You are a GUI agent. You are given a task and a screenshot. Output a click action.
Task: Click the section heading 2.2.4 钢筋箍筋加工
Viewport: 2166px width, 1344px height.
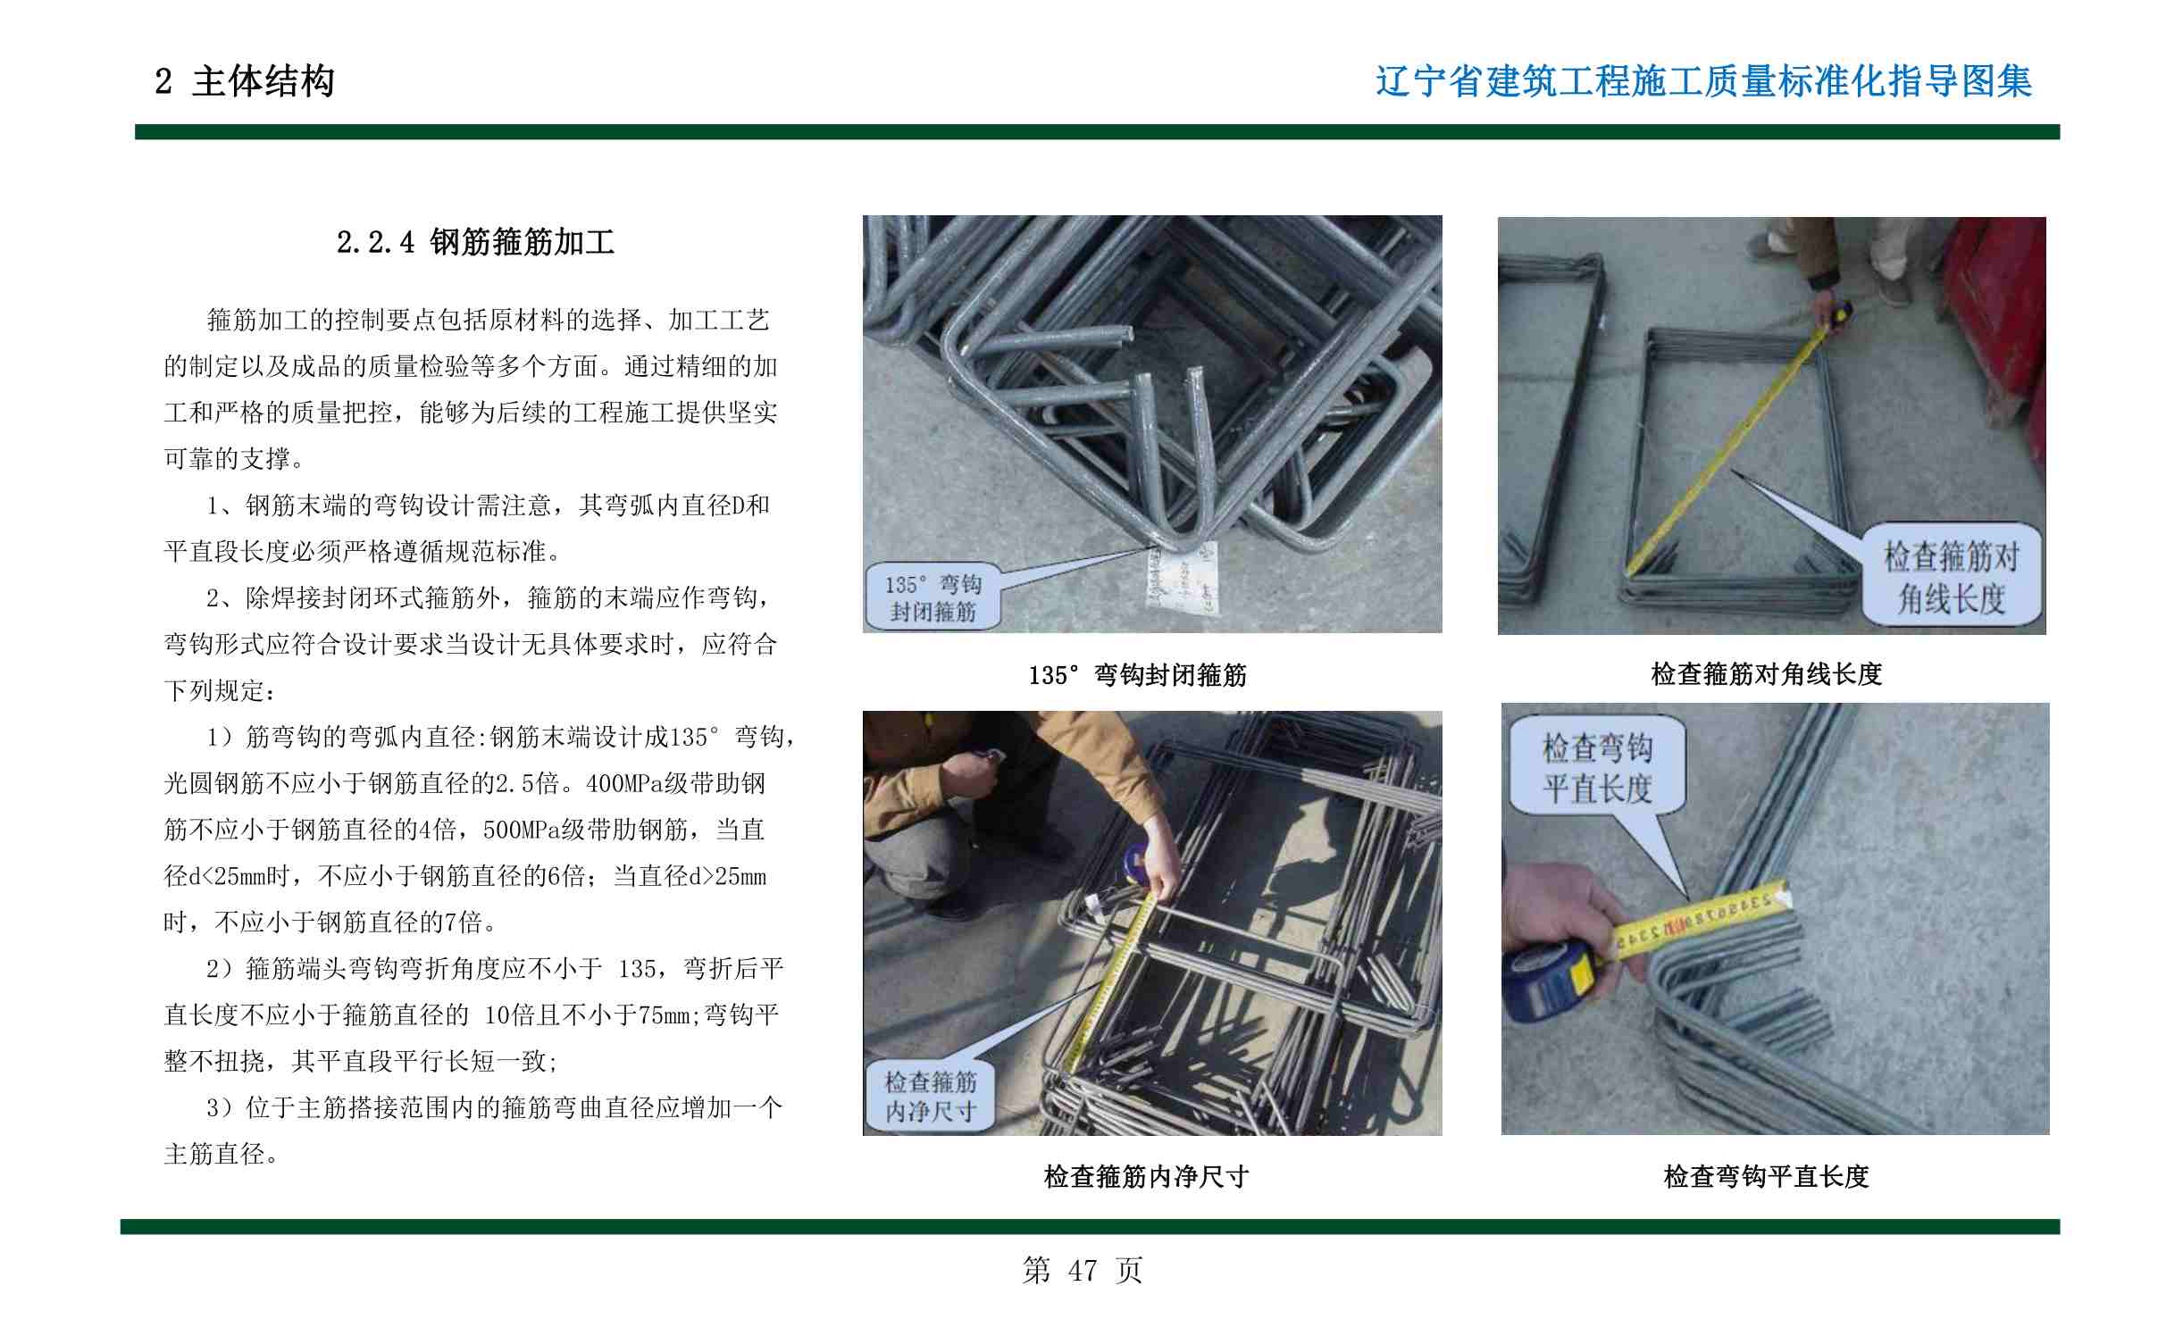coord(476,242)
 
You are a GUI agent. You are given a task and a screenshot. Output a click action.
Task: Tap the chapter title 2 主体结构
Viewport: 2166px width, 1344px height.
coord(245,81)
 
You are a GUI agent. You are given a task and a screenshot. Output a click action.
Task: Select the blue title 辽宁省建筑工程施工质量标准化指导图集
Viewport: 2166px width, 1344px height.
coord(1703,81)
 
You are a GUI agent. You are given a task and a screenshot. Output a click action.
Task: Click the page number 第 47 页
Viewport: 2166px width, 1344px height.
coord(1083,1270)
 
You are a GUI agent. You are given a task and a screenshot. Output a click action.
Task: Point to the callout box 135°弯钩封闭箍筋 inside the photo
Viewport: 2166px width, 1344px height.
coord(932,597)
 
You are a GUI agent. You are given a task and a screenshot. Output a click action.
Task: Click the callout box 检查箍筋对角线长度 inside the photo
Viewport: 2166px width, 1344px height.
coord(1952,576)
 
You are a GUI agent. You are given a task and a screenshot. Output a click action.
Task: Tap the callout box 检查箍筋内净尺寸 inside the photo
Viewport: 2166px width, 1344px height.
coord(930,1097)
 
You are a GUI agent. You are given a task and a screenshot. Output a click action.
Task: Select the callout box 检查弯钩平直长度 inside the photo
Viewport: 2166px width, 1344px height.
coord(1596,767)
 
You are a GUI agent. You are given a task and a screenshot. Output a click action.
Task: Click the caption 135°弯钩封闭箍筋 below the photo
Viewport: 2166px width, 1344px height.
coord(1137,675)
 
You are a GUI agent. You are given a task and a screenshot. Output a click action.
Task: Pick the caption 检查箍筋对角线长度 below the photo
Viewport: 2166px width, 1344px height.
coord(1767,674)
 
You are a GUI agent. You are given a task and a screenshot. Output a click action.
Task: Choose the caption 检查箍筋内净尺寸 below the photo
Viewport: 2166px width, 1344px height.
coord(1146,1177)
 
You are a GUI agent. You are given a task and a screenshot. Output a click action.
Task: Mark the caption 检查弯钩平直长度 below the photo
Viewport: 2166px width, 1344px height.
coord(1766,1177)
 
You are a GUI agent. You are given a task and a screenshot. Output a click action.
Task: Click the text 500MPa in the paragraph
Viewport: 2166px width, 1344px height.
coord(522,831)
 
